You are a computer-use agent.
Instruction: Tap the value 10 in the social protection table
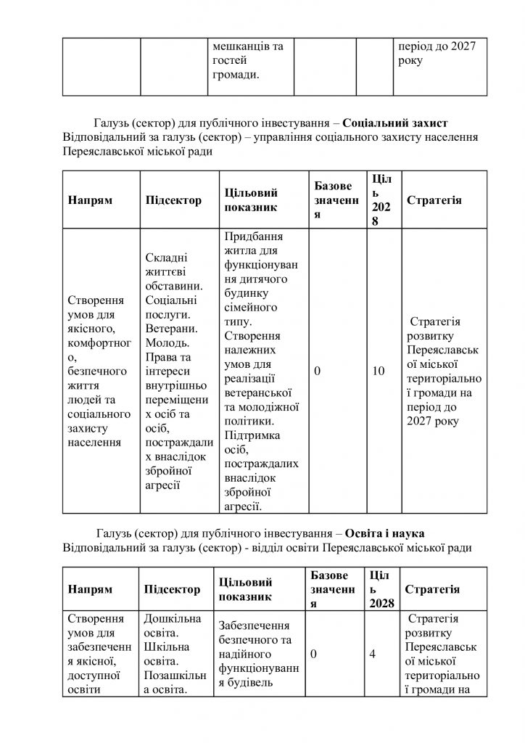[x=378, y=371]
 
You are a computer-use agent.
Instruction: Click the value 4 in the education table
[x=372, y=654]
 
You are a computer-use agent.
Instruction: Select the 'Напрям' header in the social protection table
[x=91, y=201]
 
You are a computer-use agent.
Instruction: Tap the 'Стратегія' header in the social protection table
[x=434, y=200]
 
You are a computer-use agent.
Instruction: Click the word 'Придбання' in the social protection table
[x=254, y=237]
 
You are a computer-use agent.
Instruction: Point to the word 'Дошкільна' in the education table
[x=173, y=618]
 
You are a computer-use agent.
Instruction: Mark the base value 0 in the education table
[x=314, y=654]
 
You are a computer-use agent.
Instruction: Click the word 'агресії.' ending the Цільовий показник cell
[x=244, y=505]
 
